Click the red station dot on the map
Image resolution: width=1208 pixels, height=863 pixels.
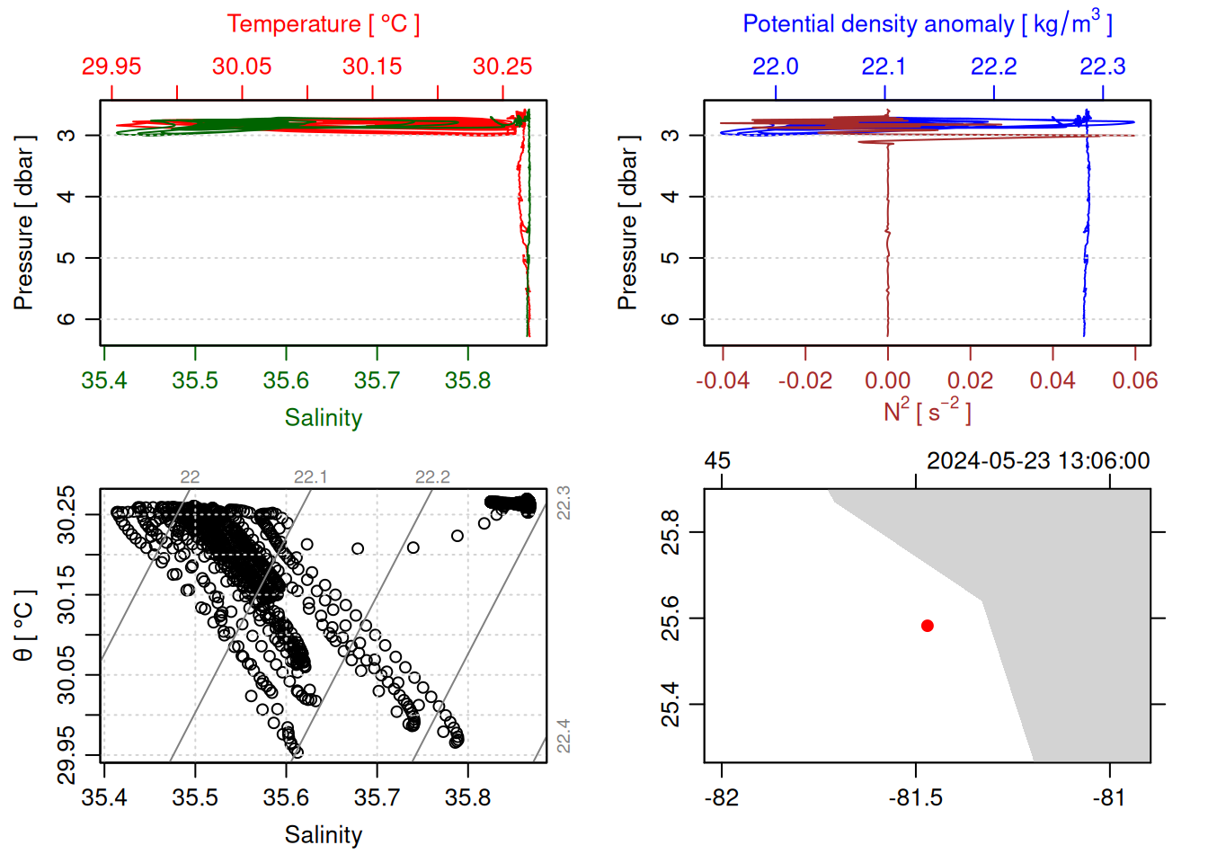(x=927, y=626)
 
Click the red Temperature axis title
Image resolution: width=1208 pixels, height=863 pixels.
(x=323, y=24)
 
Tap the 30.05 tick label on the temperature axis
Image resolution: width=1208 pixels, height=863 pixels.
(x=242, y=67)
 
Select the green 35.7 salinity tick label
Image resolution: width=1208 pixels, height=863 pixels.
(x=377, y=380)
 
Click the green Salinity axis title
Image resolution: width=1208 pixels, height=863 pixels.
(x=323, y=418)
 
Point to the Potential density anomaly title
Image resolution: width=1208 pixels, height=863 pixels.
(x=927, y=23)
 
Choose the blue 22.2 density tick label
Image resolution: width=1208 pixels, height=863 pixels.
(x=993, y=67)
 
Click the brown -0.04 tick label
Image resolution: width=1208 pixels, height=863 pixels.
(x=723, y=380)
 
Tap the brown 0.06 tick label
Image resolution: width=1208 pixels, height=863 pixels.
(x=1134, y=380)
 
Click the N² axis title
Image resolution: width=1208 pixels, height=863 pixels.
(x=927, y=412)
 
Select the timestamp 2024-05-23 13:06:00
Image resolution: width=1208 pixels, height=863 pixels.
(x=1038, y=461)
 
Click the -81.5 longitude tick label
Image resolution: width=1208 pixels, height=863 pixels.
(x=916, y=797)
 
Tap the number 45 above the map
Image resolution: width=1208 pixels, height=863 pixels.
(x=717, y=461)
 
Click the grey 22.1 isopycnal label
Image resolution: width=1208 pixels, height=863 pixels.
(x=310, y=476)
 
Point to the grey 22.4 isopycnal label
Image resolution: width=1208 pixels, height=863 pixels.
(x=563, y=736)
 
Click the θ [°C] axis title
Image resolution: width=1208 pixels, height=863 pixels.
(x=23, y=625)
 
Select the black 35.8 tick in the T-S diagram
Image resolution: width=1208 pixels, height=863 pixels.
(x=467, y=797)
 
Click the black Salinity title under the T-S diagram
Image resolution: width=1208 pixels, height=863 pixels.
(x=323, y=835)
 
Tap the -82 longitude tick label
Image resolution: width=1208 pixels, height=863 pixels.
(x=722, y=797)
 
